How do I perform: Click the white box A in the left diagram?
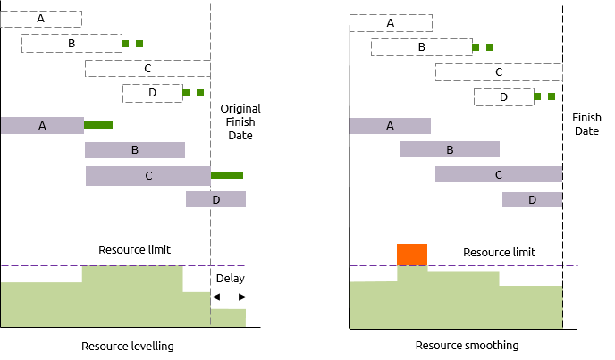tap(41, 19)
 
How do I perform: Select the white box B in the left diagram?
tap(72, 43)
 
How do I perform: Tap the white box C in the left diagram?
tap(147, 68)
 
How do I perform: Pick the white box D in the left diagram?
tap(152, 93)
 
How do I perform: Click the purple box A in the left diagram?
tap(42, 126)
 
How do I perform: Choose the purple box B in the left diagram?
tap(135, 150)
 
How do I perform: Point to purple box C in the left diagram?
tap(148, 176)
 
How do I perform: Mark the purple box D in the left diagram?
tap(215, 199)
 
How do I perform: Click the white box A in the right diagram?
tap(391, 23)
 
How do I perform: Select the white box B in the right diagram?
tap(421, 47)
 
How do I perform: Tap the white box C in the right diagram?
tap(499, 72)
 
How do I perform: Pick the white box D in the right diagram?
tap(503, 97)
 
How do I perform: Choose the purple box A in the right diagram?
tap(390, 126)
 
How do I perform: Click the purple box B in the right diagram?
tap(450, 149)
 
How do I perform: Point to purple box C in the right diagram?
tap(499, 174)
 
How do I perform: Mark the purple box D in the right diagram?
tap(532, 199)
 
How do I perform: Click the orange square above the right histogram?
tap(412, 255)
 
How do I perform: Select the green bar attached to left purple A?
tap(98, 125)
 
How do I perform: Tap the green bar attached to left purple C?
tap(227, 175)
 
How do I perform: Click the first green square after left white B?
tap(125, 44)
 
